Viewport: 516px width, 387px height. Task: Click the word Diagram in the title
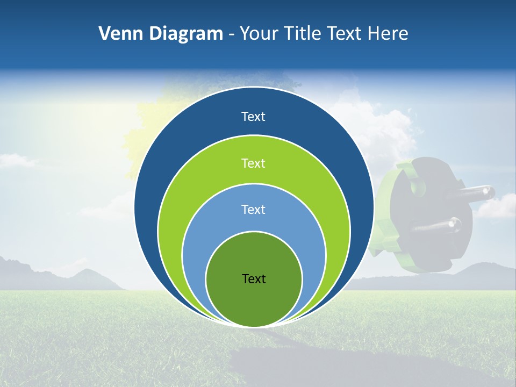point(186,34)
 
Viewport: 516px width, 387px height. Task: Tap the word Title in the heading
point(303,34)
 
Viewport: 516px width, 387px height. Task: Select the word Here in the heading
point(388,34)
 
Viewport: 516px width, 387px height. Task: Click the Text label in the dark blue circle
point(253,117)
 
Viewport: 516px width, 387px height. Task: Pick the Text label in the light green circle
point(253,163)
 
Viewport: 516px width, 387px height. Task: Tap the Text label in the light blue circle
point(253,210)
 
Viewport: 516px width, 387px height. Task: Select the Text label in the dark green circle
point(254,279)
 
